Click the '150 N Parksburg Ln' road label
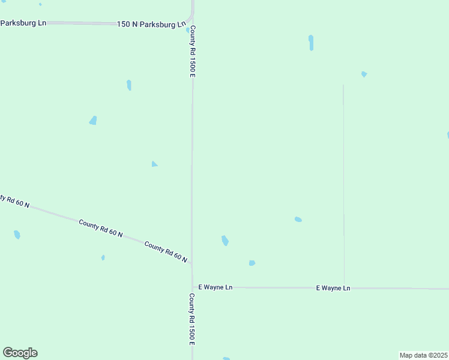[151, 25]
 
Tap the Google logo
[20, 353]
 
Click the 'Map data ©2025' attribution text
[423, 355]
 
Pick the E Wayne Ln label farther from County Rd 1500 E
[333, 288]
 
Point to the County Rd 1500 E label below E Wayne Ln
[192, 319]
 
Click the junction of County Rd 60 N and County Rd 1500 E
[192, 263]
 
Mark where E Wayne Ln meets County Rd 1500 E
[192, 287]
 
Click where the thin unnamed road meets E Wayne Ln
[344, 288]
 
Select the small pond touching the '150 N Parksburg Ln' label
[188, 29]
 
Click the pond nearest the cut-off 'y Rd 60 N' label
[17, 235]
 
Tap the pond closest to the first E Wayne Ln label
[252, 263]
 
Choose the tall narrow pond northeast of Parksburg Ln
[311, 43]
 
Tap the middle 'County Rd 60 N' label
[101, 228]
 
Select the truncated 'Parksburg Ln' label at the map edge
[23, 23]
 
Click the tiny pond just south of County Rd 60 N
[103, 257]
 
